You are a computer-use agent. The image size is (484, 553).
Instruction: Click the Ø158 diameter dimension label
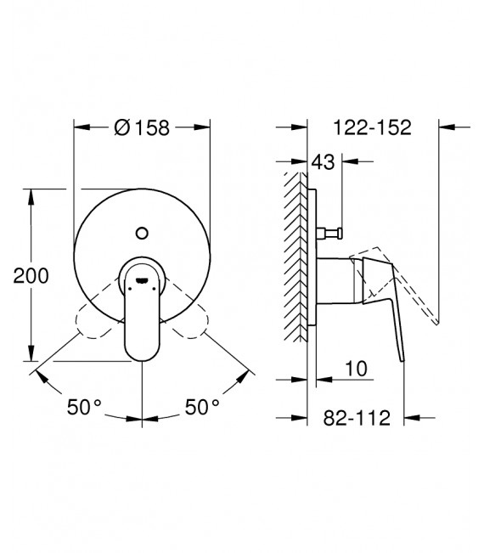pos(142,127)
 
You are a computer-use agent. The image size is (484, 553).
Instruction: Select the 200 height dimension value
pos(31,275)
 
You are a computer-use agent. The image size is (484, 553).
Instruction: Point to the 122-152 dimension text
pos(371,127)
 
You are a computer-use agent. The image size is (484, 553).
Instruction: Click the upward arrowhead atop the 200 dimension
pos(31,197)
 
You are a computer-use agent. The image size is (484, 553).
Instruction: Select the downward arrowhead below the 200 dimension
pos(31,356)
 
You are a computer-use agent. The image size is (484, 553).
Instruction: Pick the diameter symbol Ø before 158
pos(121,127)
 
